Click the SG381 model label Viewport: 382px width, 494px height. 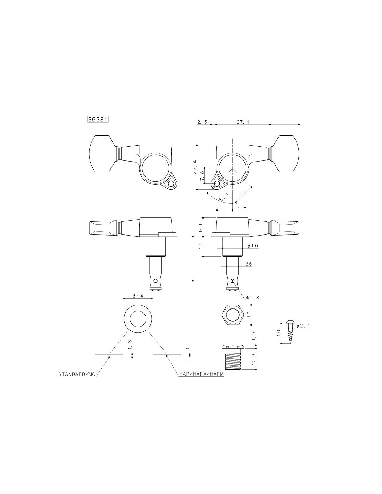click(98, 120)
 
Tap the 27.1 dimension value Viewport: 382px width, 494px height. click(243, 122)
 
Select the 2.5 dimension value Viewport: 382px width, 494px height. click(202, 122)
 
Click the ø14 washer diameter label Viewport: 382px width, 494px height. click(138, 296)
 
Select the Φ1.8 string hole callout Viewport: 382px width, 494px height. click(252, 298)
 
